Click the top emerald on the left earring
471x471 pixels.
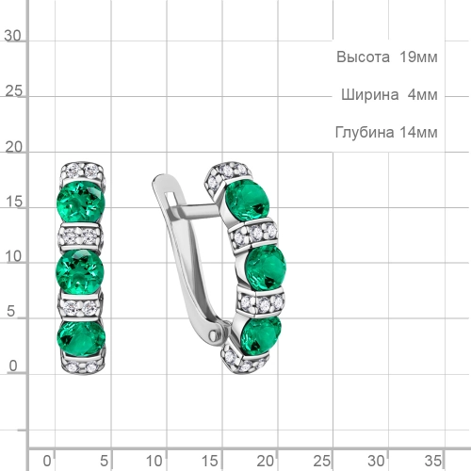pyautogui.click(x=79, y=202)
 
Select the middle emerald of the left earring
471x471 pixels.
pyautogui.click(x=79, y=268)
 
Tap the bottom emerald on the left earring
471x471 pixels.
pyautogui.click(x=79, y=336)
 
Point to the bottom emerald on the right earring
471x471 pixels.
pyautogui.click(x=260, y=333)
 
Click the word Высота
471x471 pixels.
pyautogui.click(x=363, y=57)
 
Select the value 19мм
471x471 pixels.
pyautogui.click(x=417, y=57)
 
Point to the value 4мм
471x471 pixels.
pyautogui.click(x=423, y=95)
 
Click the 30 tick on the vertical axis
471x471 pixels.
pyautogui.click(x=13, y=36)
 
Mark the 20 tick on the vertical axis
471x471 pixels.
pyautogui.click(x=13, y=149)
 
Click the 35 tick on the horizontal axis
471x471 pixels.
pyautogui.click(x=432, y=460)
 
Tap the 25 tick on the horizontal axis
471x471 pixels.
pyautogui.click(x=322, y=460)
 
